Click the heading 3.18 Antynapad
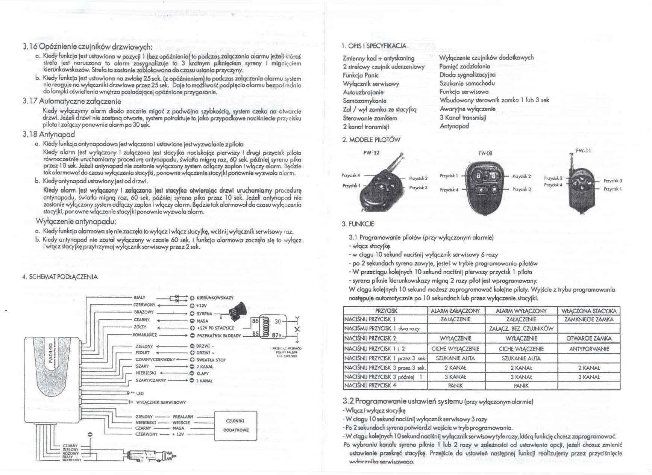tap(49, 134)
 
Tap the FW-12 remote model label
tap(372, 153)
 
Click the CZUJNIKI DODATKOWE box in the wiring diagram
tap(236, 425)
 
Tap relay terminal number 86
tap(255, 321)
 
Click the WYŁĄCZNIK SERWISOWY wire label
tap(161, 402)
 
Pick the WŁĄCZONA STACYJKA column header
tap(589, 311)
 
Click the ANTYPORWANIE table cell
tap(589, 349)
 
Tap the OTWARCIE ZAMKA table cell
tap(589, 338)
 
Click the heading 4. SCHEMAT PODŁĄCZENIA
tap(60, 277)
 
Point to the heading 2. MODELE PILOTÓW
tap(371, 140)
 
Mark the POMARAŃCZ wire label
tap(145, 334)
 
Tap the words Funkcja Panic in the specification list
tap(361, 75)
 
